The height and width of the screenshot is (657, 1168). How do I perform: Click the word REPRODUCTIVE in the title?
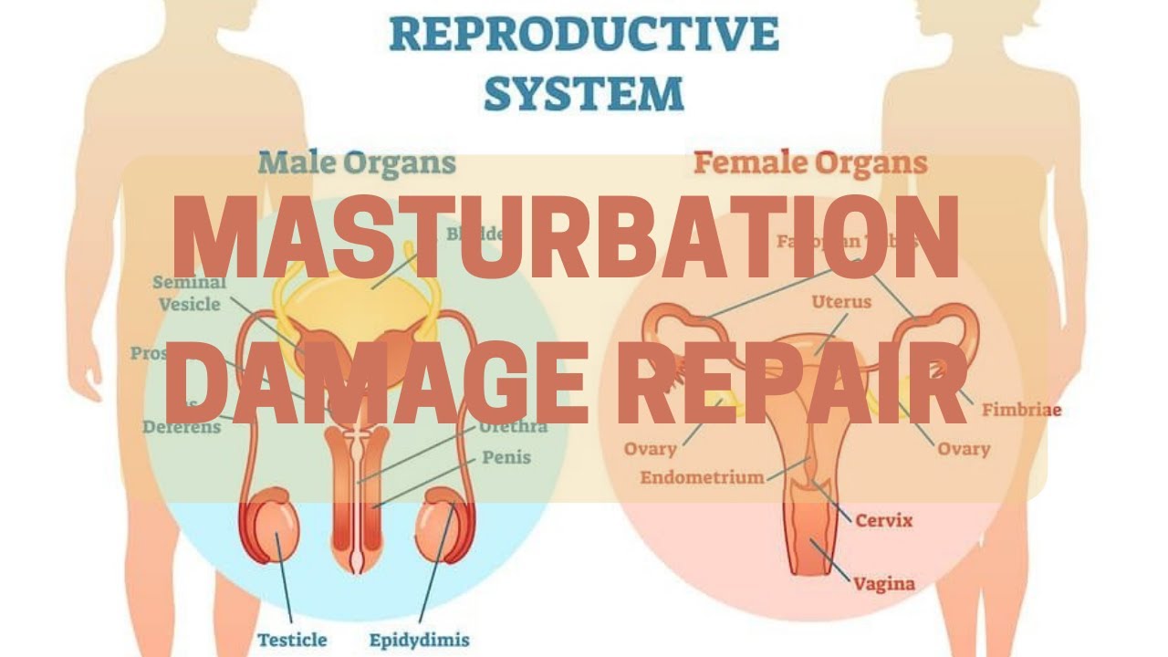[584, 34]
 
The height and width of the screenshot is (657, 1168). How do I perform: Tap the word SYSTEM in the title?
[583, 93]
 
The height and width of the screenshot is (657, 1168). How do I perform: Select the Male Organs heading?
[357, 163]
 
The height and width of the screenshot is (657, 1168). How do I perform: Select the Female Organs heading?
[810, 164]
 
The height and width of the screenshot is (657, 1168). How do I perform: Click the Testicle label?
[292, 639]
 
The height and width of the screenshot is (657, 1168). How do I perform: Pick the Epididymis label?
[419, 639]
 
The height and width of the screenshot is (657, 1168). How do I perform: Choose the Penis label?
[506, 456]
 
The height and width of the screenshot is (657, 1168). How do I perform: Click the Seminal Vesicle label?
[189, 294]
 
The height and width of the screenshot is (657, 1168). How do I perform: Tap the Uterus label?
[841, 301]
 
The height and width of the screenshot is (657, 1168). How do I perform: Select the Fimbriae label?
[1021, 410]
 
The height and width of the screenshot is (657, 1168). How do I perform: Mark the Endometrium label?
[702, 476]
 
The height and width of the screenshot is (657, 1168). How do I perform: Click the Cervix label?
[883, 521]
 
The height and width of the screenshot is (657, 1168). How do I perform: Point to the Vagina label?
[883, 582]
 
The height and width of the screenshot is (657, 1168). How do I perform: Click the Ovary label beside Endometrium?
[650, 449]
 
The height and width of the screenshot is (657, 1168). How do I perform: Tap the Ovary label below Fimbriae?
[964, 449]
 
